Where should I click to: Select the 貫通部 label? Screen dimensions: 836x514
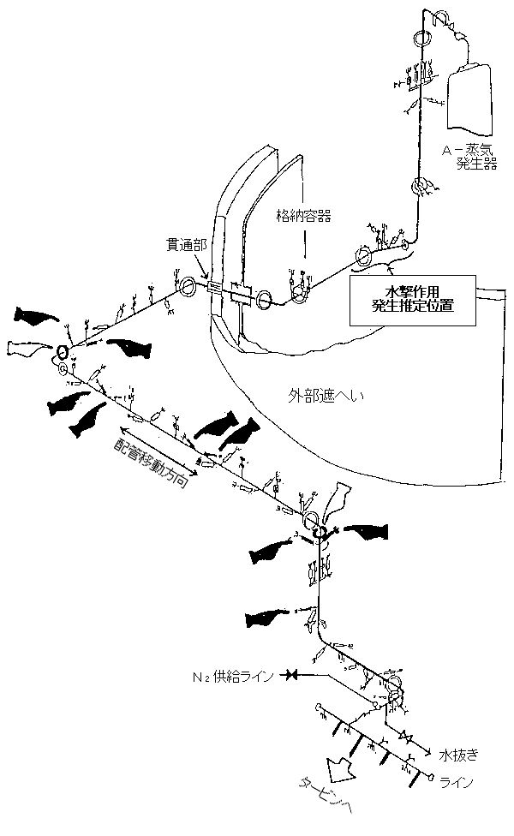click(186, 245)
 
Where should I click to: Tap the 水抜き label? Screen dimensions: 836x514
click(457, 755)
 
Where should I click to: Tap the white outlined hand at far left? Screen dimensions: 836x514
click(26, 348)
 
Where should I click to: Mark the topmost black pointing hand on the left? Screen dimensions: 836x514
click(38, 318)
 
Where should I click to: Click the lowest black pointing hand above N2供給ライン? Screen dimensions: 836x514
click(274, 617)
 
